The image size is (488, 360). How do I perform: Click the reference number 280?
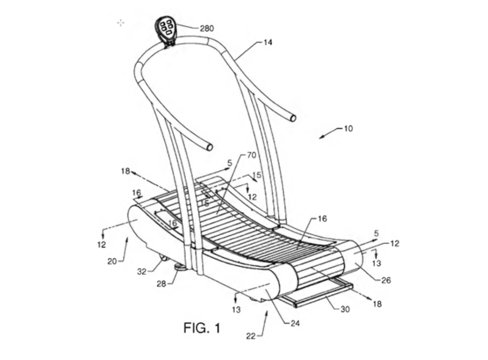click(207, 28)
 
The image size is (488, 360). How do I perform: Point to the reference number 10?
click(348, 129)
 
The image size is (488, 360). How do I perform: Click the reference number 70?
click(252, 155)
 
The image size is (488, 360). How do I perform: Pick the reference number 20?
click(112, 262)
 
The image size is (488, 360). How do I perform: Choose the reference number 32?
click(142, 272)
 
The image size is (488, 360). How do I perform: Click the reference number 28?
click(161, 284)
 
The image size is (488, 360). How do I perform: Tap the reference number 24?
click(295, 324)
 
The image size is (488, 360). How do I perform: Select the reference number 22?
click(251, 336)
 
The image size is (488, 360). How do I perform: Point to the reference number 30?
click(345, 309)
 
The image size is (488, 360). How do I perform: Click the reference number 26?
click(386, 280)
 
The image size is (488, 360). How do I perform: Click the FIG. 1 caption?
click(202, 328)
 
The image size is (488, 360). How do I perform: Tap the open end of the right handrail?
click(293, 118)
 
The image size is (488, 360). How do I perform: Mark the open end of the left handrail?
click(210, 147)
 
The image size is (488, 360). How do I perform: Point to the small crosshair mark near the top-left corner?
click(121, 23)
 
